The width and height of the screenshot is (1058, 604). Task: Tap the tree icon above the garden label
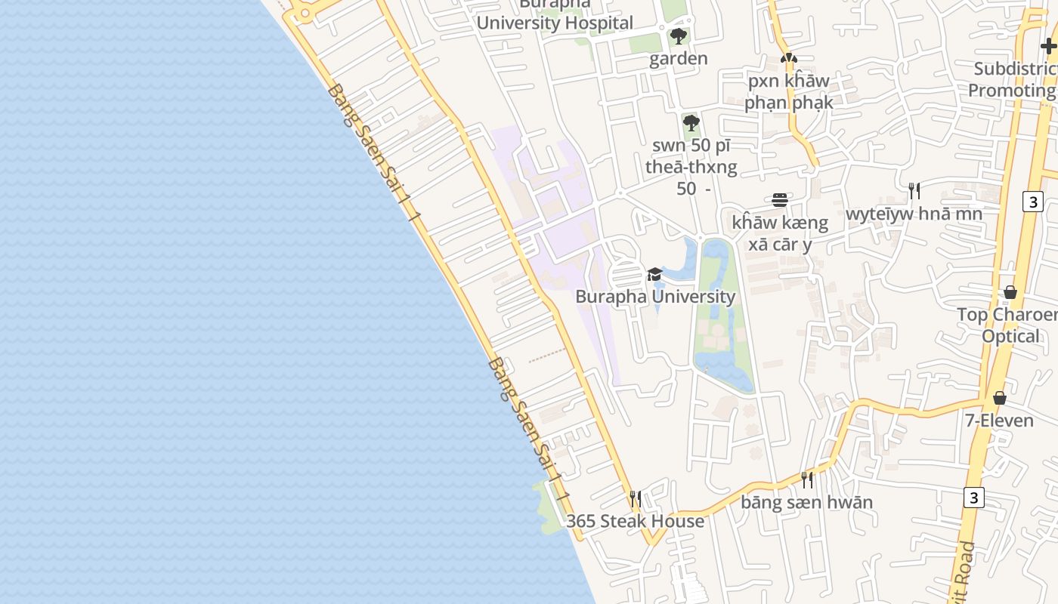click(x=679, y=35)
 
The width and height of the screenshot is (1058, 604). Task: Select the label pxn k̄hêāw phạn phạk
click(x=789, y=91)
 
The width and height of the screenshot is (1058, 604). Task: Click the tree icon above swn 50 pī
click(x=691, y=122)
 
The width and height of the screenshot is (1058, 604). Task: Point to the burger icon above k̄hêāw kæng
click(x=780, y=200)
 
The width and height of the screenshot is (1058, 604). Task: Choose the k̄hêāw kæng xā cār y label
click(x=780, y=233)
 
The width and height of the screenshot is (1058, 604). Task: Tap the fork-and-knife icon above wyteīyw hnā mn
click(x=914, y=190)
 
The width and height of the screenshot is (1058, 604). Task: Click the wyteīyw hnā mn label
click(x=914, y=214)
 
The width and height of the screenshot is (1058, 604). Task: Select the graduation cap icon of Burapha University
click(x=654, y=274)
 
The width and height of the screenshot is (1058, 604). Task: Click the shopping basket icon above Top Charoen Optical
click(x=1010, y=291)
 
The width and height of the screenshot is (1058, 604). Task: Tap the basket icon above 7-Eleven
click(x=1000, y=397)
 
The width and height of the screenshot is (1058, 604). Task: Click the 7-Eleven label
click(x=1000, y=420)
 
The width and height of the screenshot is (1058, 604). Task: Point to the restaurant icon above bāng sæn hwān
click(x=807, y=479)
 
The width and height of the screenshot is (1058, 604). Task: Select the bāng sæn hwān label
click(x=807, y=502)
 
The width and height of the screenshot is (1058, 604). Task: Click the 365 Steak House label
click(x=635, y=521)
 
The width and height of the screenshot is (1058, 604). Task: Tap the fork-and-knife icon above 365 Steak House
click(x=636, y=498)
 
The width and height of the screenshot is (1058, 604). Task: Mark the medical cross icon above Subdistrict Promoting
click(x=1048, y=46)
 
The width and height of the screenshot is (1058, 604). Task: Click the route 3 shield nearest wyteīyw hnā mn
click(x=1033, y=201)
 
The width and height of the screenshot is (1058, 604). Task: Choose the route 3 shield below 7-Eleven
click(x=974, y=498)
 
